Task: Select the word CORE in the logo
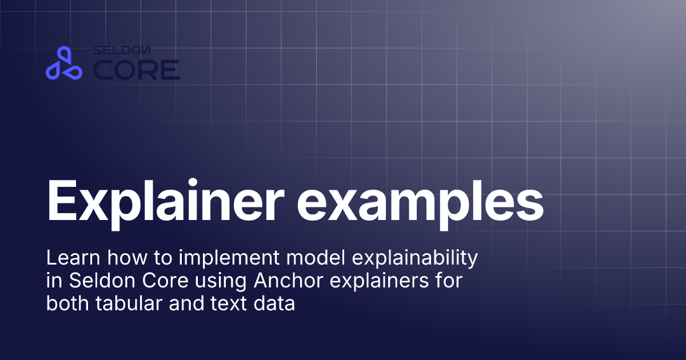[x=136, y=70]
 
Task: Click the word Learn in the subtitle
[x=71, y=259]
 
